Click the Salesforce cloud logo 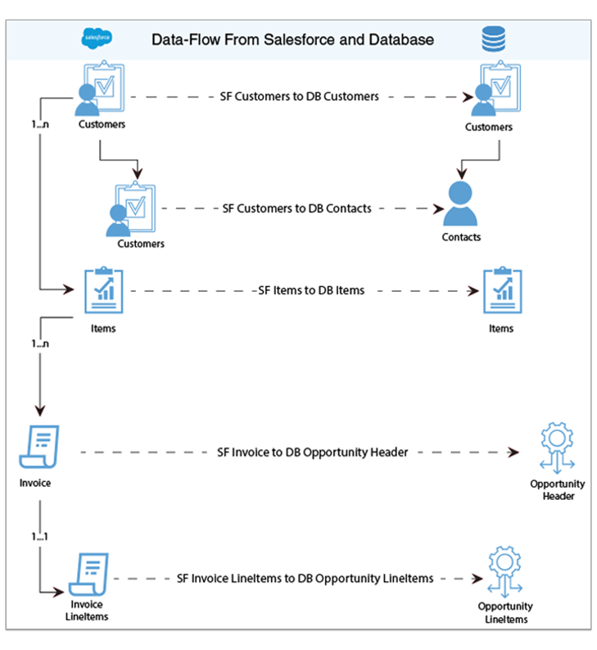(x=97, y=39)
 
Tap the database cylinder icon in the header (x=493, y=39)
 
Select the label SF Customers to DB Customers (x=300, y=96)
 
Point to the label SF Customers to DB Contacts (x=297, y=208)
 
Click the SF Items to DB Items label (x=311, y=290)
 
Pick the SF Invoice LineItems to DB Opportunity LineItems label (x=305, y=578)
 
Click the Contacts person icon (x=460, y=204)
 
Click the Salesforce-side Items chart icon (x=103, y=291)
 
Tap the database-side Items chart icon (x=501, y=291)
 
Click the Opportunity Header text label (x=557, y=490)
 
